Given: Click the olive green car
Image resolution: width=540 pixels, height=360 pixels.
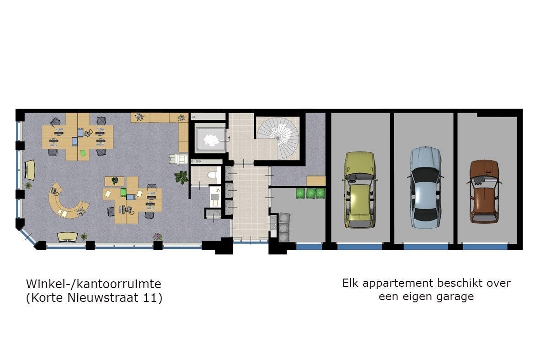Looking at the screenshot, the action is [359, 190].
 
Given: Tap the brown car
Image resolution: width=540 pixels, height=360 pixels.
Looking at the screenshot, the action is [484, 191].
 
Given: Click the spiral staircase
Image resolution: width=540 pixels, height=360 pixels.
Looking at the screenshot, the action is [279, 138].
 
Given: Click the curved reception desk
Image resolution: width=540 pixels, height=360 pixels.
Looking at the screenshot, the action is [67, 202].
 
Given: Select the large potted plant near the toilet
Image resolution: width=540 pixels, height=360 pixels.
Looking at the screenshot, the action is [181, 177].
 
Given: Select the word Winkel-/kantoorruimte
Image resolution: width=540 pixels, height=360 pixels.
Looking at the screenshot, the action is [94, 284].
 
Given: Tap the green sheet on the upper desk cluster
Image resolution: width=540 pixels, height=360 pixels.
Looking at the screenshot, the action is [83, 153].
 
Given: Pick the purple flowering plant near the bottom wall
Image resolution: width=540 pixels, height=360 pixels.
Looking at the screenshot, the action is [157, 236].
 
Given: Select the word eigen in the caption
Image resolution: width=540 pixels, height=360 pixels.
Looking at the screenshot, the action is [415, 297].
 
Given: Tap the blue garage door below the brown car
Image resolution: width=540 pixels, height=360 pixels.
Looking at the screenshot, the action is [485, 247].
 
